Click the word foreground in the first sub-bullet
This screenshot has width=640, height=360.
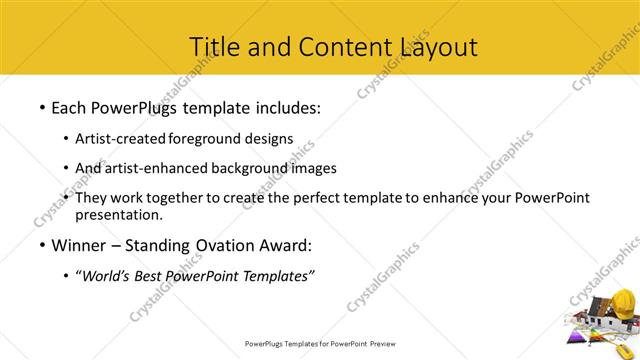tap(207, 138)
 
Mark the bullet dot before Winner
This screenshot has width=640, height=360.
tap(41, 245)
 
